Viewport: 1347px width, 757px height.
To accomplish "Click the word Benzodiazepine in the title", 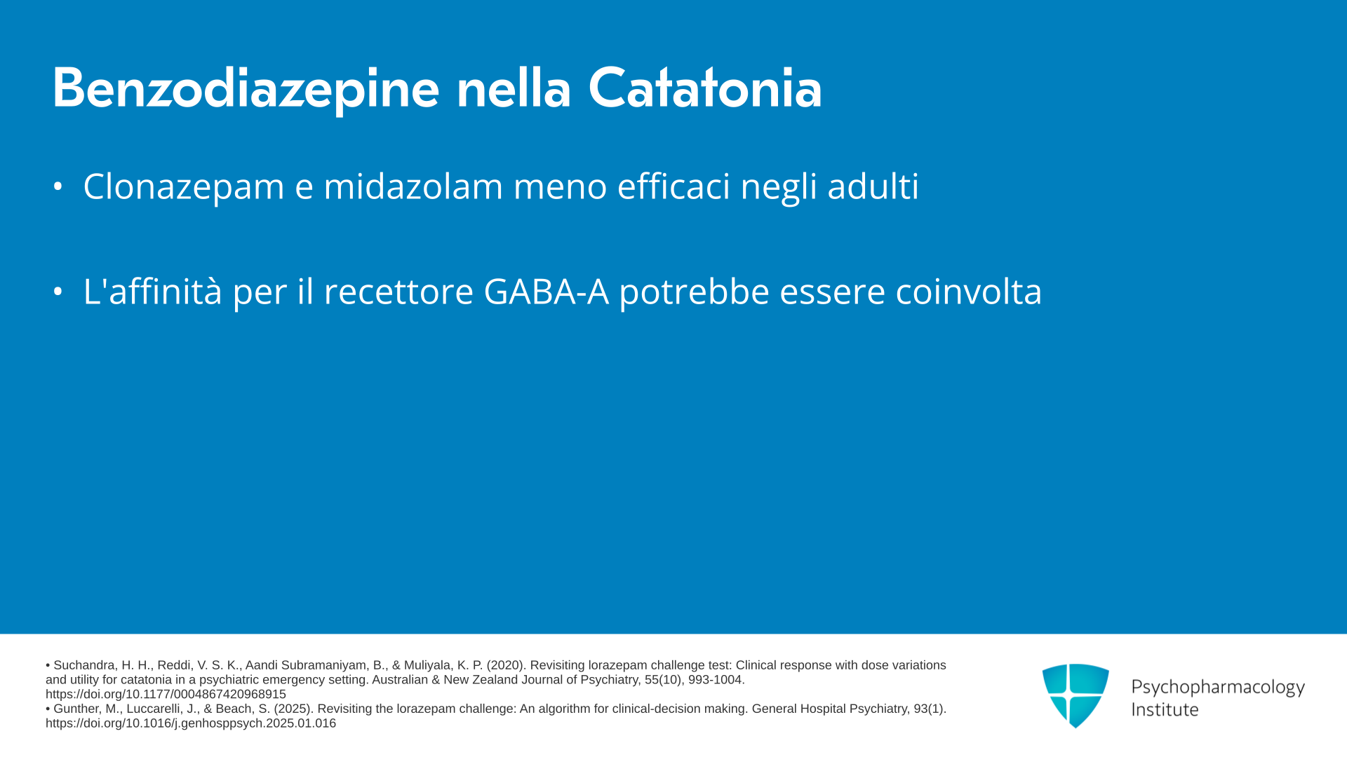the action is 246,89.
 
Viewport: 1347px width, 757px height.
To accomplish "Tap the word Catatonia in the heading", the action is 704,88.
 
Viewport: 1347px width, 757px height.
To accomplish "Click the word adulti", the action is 873,186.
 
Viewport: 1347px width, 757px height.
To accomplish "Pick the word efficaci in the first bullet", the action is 673,186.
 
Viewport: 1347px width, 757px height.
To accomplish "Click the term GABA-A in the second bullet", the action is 546,292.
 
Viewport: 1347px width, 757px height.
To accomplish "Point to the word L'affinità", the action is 152,291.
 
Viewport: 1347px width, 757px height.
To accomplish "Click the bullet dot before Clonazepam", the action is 58,186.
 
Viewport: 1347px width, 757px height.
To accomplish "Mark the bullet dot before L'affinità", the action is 58,292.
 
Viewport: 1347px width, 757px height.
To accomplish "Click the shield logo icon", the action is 1075,695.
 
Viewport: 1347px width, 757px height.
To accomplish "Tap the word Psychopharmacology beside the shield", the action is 1218,688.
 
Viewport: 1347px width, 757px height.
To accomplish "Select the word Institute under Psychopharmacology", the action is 1165,709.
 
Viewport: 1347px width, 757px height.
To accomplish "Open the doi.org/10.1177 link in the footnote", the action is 166,695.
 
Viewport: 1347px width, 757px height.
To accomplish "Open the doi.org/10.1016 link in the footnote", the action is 191,723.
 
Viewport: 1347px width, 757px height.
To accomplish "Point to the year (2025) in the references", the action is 293,709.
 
